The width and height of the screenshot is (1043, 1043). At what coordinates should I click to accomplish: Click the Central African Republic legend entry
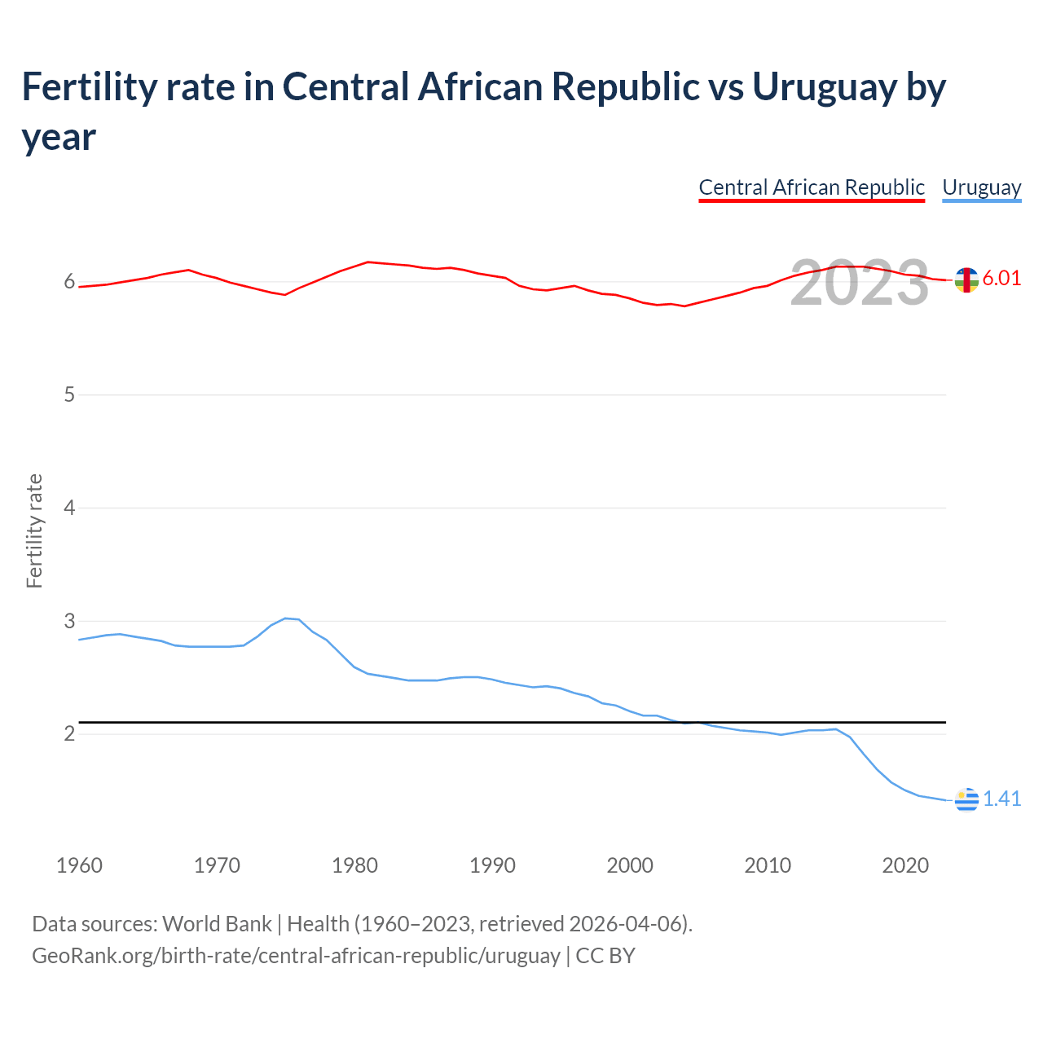point(812,187)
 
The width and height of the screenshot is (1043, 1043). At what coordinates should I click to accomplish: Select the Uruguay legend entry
point(981,187)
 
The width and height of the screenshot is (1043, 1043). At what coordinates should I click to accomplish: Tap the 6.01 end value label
point(1001,278)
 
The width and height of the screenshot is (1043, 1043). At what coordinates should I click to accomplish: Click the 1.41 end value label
point(1001,799)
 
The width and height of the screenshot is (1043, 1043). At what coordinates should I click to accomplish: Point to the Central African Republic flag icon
point(966,279)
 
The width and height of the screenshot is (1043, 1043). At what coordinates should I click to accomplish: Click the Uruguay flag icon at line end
point(966,800)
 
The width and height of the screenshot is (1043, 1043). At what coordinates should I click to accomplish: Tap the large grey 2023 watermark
point(860,283)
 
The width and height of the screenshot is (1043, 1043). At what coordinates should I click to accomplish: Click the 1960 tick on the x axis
point(79,865)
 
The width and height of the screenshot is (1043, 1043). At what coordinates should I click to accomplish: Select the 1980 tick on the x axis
point(354,865)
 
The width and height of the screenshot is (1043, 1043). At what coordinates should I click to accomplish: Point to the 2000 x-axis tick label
point(630,865)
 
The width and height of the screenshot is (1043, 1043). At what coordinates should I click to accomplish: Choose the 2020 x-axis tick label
point(905,865)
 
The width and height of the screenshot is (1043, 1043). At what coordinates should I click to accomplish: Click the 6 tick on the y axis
point(69,282)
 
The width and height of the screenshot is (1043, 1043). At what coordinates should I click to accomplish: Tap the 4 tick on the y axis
point(69,508)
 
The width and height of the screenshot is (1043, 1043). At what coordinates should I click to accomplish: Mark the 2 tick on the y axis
point(69,733)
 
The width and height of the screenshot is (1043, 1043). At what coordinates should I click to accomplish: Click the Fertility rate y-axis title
point(34,530)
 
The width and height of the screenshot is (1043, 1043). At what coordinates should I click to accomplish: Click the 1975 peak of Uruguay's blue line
point(285,618)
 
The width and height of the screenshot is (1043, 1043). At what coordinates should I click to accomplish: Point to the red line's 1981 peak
point(368,262)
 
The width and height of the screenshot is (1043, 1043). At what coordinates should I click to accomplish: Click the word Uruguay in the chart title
point(825,86)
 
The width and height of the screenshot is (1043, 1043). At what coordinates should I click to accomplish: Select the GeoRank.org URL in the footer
point(296,955)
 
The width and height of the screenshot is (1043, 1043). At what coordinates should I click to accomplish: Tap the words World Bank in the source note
point(217,923)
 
